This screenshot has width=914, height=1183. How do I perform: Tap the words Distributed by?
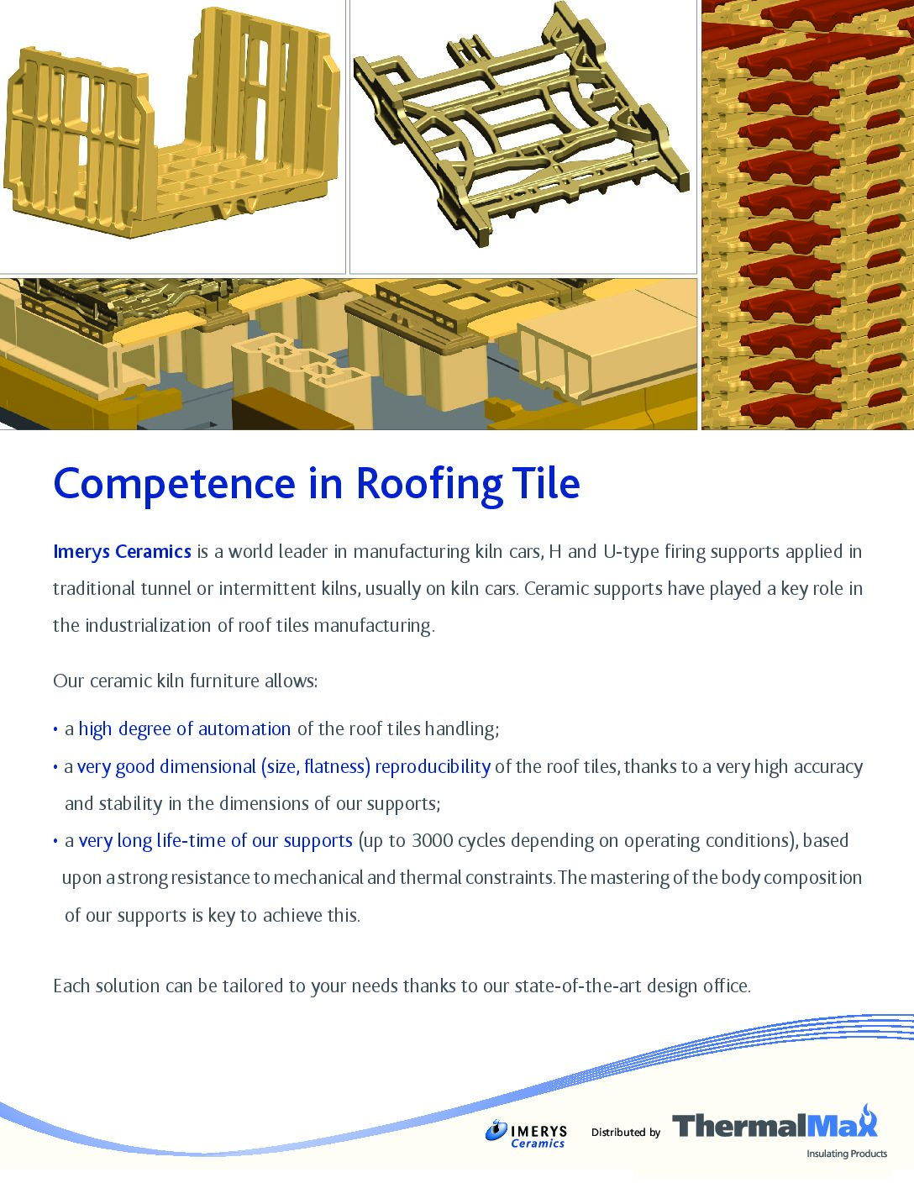626,1133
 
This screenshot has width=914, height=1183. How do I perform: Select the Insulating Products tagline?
847,1154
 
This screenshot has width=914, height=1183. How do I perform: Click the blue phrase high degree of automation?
185,729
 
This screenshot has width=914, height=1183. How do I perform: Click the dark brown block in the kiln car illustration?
286,409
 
